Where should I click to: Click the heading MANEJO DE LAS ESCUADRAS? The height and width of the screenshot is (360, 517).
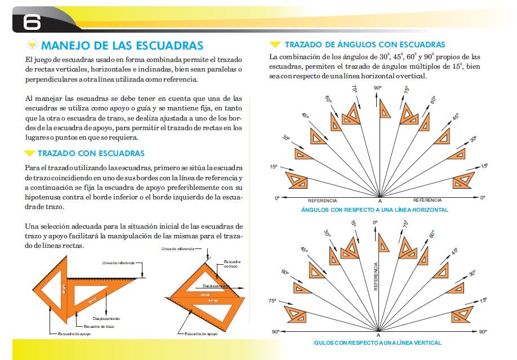[122, 45]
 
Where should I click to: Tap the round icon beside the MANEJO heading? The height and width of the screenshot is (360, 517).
[32, 45]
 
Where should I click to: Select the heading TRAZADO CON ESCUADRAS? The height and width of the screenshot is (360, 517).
[91, 153]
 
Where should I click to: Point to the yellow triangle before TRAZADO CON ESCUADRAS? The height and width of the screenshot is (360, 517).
[29, 153]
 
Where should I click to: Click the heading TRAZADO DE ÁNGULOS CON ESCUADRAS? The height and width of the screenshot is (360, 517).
[365, 45]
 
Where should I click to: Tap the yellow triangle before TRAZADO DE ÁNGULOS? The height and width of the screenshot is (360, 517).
[275, 45]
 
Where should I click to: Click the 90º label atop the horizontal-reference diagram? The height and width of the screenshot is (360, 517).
[377, 88]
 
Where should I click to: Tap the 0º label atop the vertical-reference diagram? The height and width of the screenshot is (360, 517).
[376, 223]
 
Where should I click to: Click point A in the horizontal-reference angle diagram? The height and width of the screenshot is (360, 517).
[380, 201]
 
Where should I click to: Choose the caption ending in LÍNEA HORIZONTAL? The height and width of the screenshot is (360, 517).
[375, 210]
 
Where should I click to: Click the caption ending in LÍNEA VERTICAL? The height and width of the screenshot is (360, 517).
[377, 343]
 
